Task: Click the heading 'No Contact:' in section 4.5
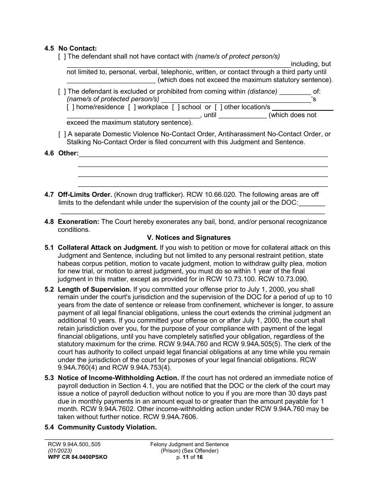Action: pos(78,49)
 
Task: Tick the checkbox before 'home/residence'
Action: pos(70,107)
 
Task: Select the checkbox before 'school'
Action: pos(175,107)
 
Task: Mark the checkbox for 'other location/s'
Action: pos(218,107)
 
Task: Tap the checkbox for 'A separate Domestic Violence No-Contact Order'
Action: pos(62,134)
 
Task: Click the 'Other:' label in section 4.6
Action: pos(68,153)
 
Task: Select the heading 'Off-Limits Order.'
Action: pos(85,195)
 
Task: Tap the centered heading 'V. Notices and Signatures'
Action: pos(189,238)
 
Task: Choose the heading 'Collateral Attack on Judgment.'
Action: pos(108,248)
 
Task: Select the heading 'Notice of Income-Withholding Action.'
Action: pos(118,378)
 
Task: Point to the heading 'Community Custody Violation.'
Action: pos(107,427)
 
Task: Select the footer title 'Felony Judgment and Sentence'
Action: pos(189,445)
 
